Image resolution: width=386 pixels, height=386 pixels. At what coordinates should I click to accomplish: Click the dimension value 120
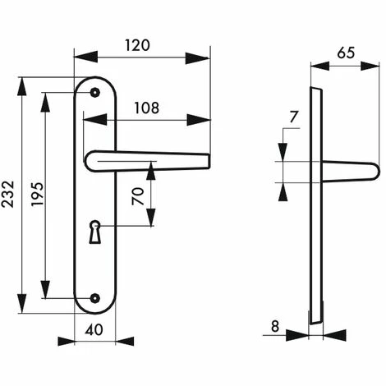[x=138, y=45]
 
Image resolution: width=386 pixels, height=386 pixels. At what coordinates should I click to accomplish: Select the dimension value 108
[x=146, y=108]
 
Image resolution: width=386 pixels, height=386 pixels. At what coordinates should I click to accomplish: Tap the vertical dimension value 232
[x=7, y=194]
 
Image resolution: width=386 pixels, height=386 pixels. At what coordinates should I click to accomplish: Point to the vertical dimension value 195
[x=37, y=194]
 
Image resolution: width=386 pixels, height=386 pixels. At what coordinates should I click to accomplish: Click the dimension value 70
[x=138, y=196]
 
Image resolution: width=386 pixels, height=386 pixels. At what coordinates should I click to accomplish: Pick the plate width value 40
[x=94, y=330]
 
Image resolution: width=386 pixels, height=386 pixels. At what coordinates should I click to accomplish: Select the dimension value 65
[x=346, y=53]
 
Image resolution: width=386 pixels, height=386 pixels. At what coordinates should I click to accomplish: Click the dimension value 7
[x=293, y=117]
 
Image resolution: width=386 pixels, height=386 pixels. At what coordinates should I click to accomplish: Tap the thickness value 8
[x=275, y=326]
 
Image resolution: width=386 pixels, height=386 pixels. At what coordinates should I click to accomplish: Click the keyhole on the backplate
[x=95, y=232]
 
